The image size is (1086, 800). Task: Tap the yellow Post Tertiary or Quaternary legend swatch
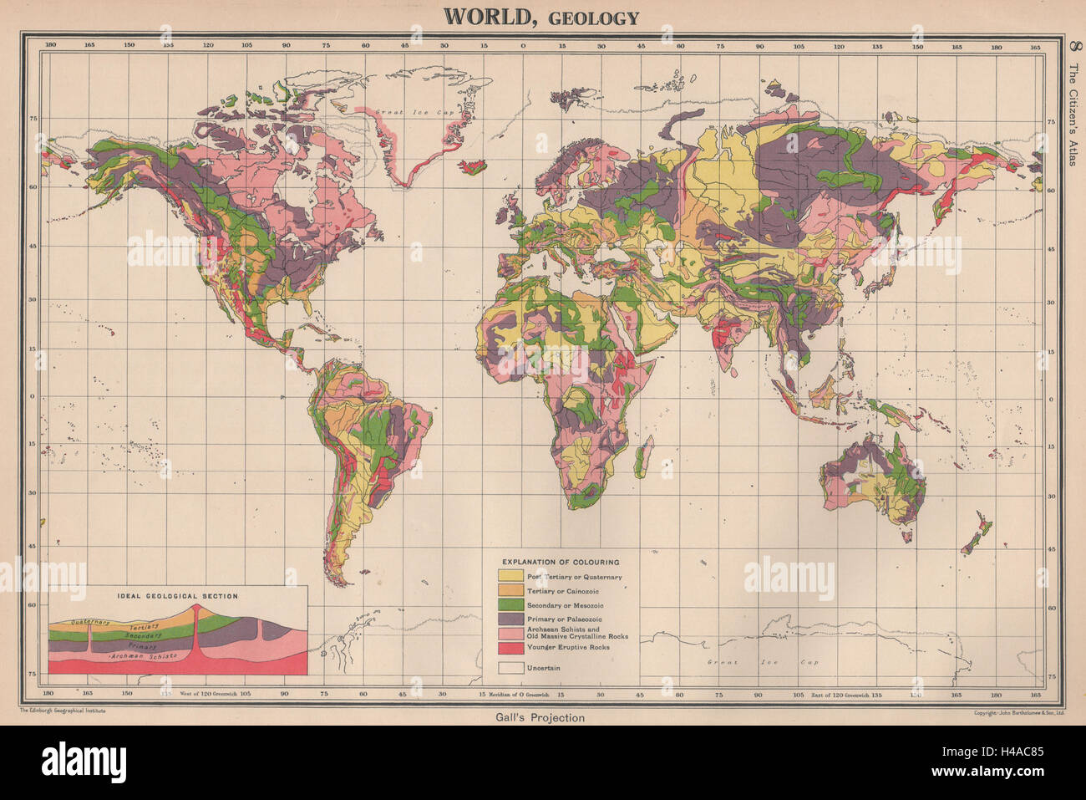point(510,577)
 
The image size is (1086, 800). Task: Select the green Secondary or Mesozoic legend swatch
point(510,604)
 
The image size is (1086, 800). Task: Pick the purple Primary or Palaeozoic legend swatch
point(510,619)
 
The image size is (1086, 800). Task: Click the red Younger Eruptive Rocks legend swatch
point(510,648)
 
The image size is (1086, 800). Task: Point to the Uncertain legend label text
point(543,668)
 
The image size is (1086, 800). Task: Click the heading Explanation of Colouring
point(560,563)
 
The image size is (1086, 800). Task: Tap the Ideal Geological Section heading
point(175,597)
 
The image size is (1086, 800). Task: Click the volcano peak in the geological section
point(195,605)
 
